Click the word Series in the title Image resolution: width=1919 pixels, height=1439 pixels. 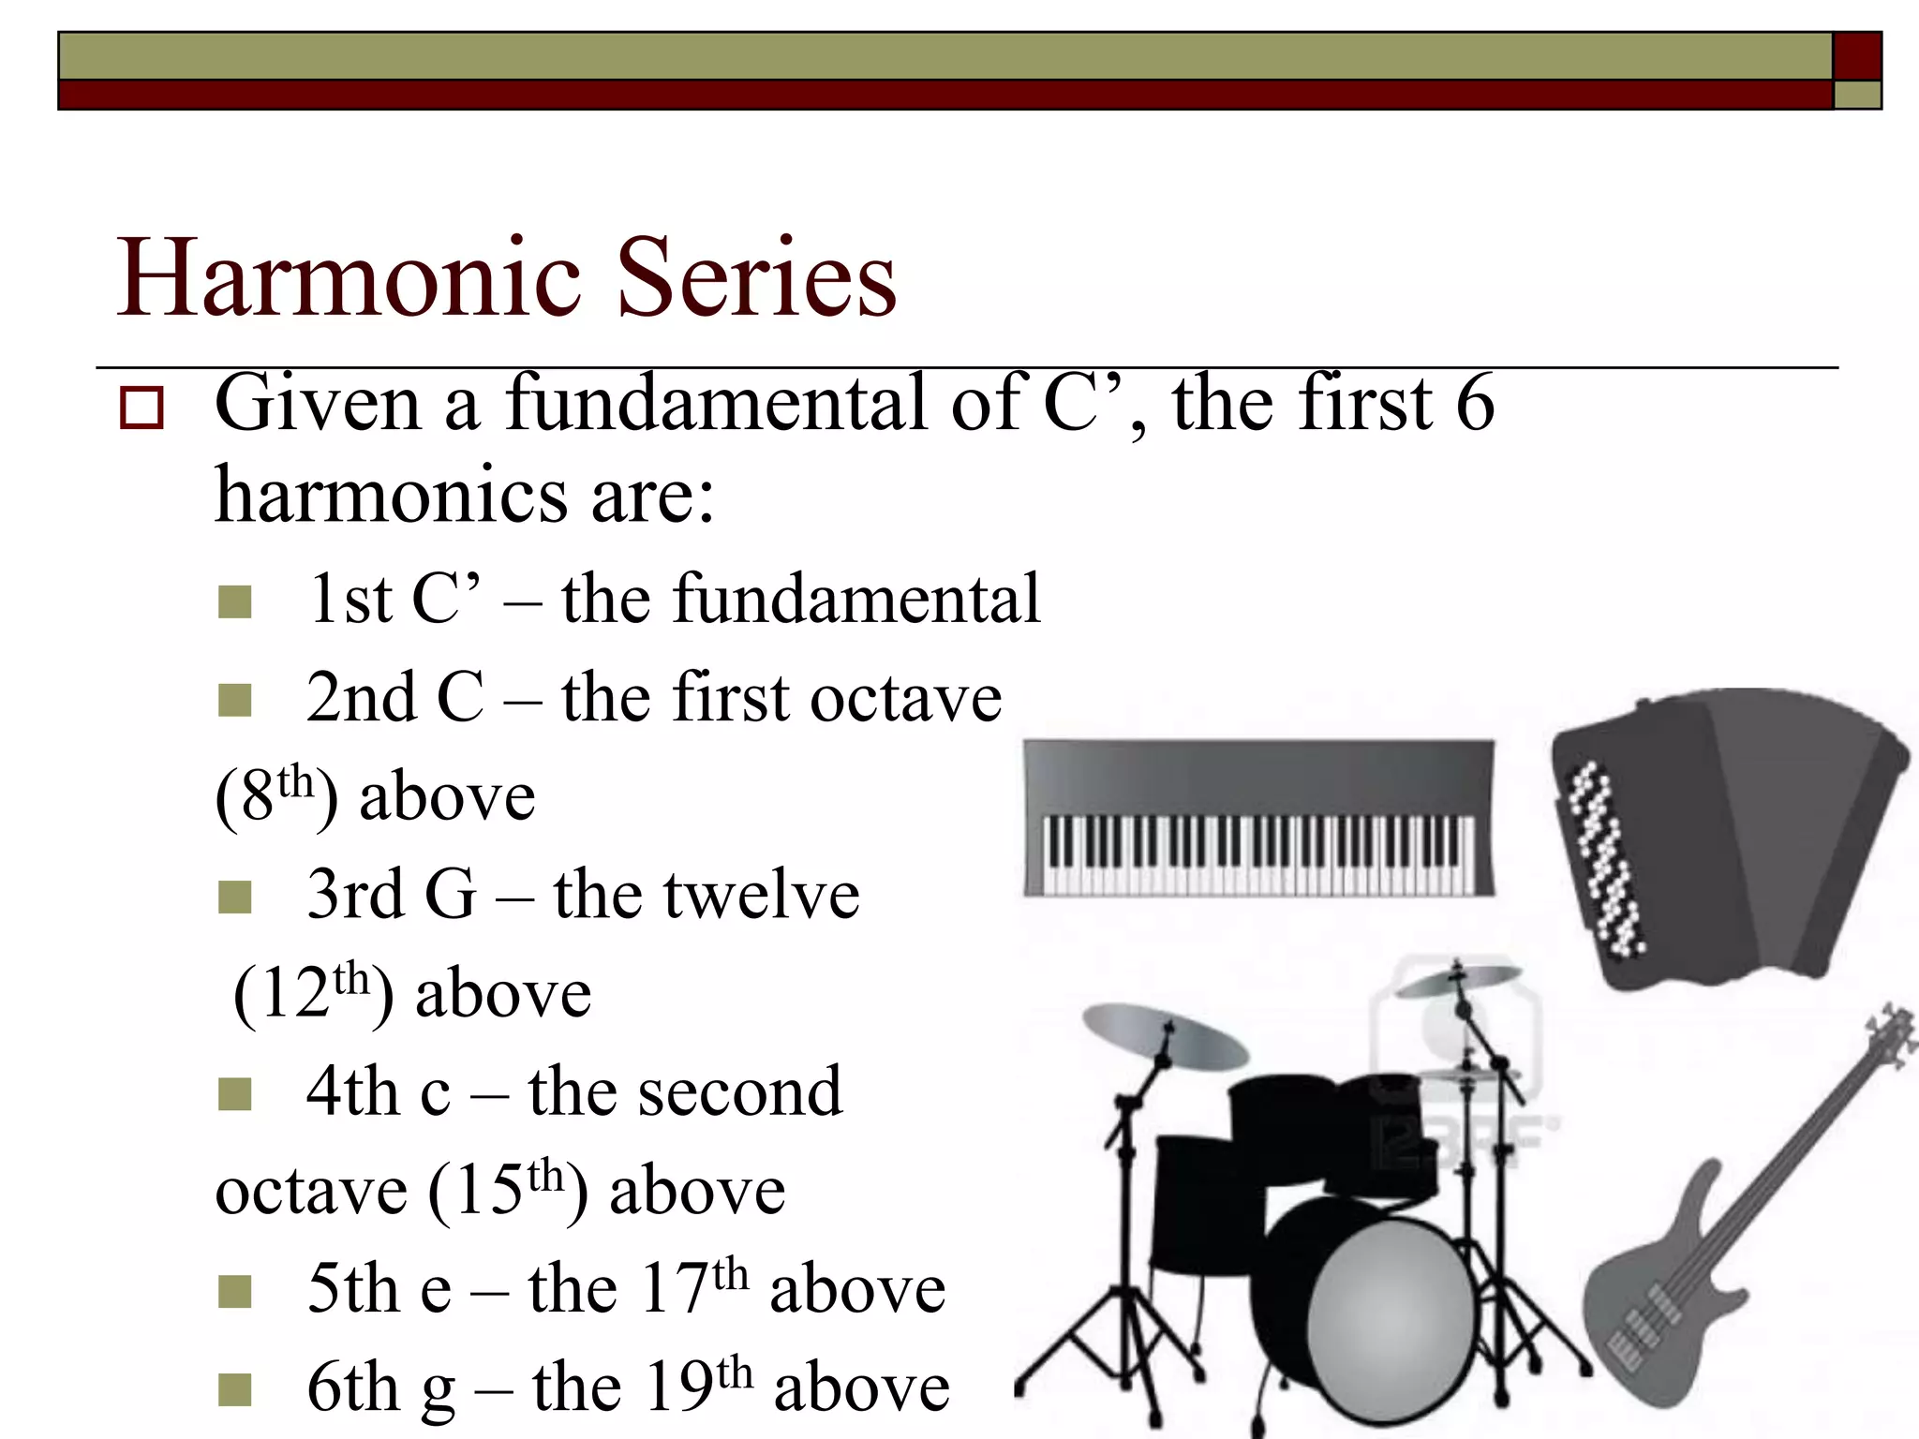click(757, 278)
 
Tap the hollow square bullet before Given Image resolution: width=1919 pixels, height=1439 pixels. click(141, 408)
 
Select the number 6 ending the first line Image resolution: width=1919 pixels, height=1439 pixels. click(1475, 403)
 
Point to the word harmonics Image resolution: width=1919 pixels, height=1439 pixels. click(391, 495)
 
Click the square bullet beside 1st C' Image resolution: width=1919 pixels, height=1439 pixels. click(234, 602)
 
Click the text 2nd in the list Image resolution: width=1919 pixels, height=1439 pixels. click(361, 698)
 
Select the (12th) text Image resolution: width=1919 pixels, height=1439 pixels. click(312, 993)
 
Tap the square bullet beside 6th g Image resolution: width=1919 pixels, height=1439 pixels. click(234, 1389)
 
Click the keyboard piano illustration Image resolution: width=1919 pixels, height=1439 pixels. click(1258, 817)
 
